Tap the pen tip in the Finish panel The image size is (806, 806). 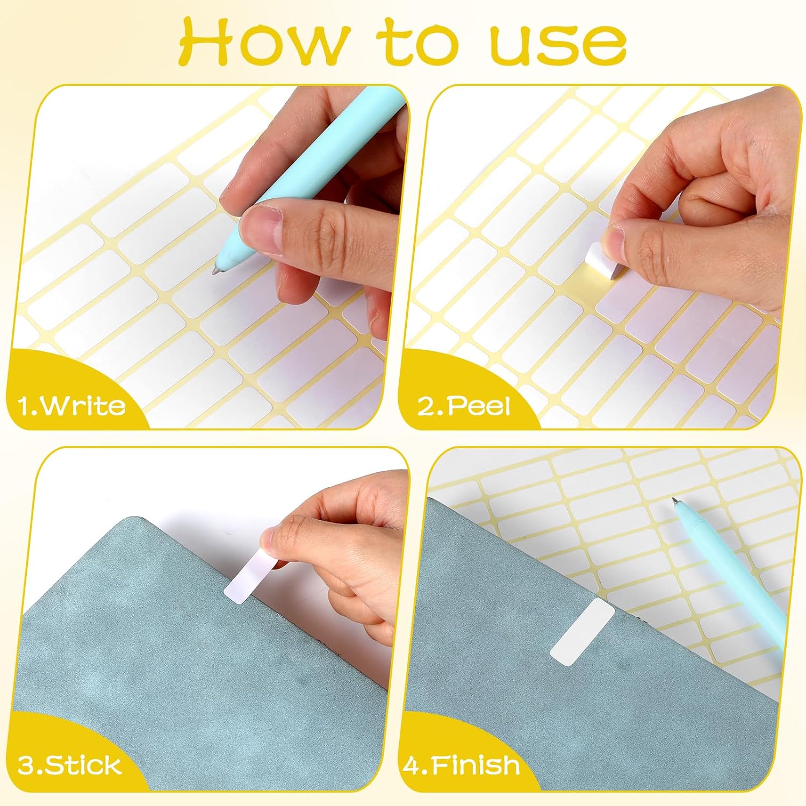point(674,501)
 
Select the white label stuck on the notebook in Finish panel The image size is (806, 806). point(582,631)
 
